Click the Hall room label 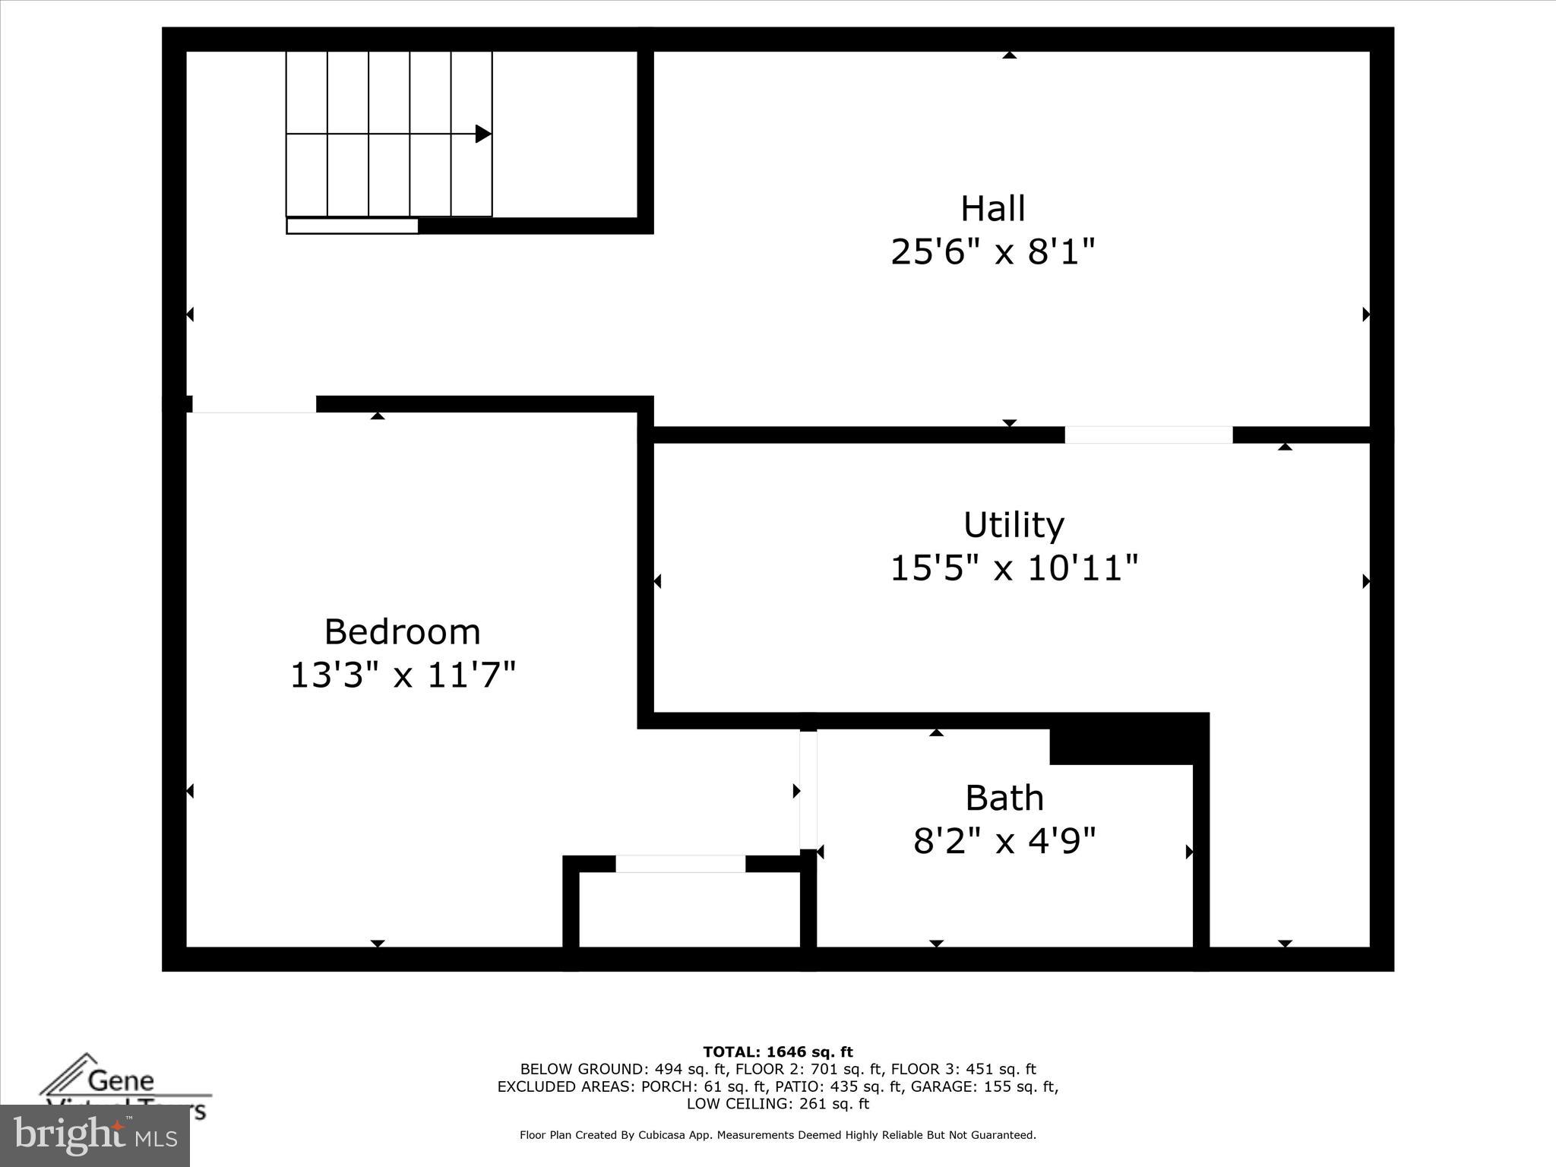tap(992, 208)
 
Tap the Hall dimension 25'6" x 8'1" tap(992, 251)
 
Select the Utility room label tap(1014, 525)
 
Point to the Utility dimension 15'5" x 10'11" tap(1014, 568)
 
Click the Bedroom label tap(402, 632)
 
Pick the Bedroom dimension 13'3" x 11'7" tap(403, 675)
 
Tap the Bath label tap(1004, 798)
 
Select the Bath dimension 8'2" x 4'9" tap(1004, 841)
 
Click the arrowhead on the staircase tap(482, 134)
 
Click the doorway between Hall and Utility tap(1148, 435)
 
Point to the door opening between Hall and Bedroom tap(254, 404)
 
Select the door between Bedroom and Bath tap(808, 789)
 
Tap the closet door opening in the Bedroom tap(680, 864)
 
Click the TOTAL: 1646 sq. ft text tap(777, 1052)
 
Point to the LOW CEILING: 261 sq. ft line tap(777, 1104)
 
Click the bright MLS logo tap(95, 1136)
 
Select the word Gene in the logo tap(121, 1080)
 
